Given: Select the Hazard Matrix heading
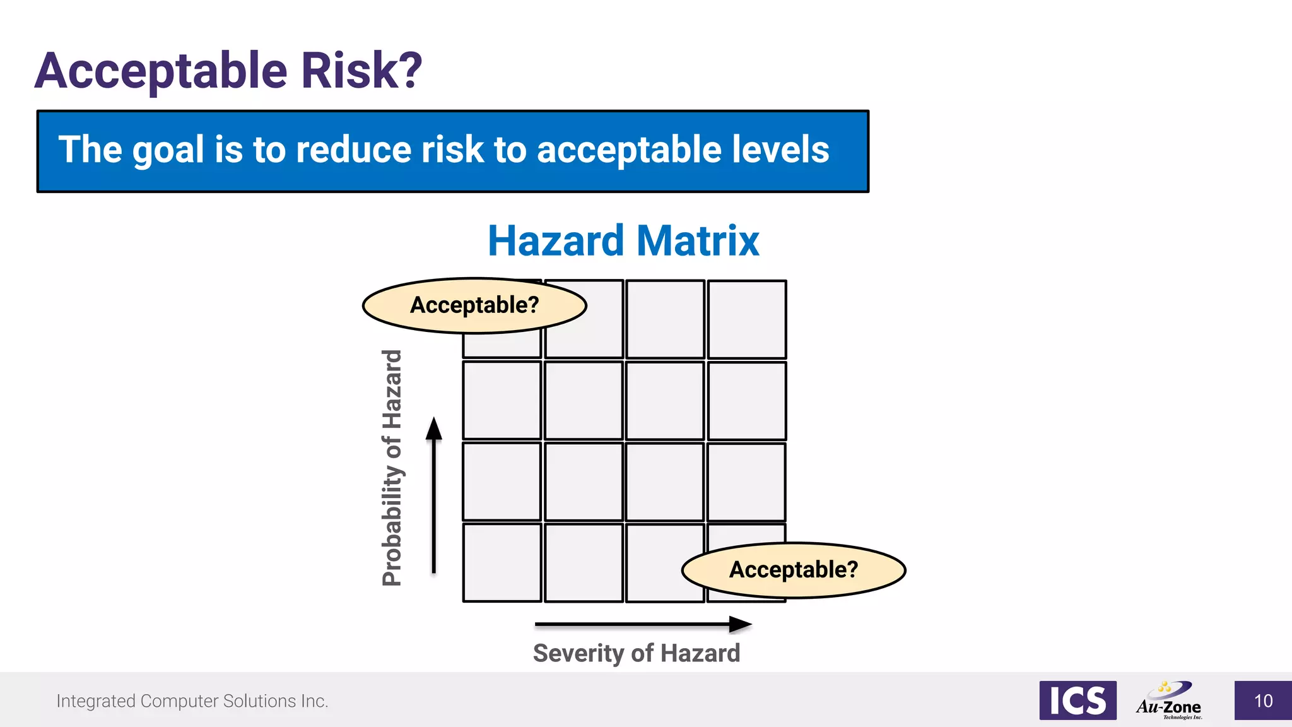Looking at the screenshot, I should coord(623,241).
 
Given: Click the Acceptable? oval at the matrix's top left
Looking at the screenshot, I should coord(474,305).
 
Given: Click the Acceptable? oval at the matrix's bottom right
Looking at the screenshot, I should coord(793,570).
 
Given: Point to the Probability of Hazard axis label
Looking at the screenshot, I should coord(392,468).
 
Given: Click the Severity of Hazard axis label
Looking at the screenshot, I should coord(636,653).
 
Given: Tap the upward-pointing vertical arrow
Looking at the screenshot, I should coord(433,495).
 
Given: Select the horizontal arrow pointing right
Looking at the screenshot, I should coord(642,624).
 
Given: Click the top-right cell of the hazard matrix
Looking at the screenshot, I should coord(747,319).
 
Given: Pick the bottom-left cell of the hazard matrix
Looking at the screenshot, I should coord(502,562).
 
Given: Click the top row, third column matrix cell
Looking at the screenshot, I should coord(665,319).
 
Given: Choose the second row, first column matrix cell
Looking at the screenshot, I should coord(502,400).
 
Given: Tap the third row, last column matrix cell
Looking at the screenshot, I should coord(747,482).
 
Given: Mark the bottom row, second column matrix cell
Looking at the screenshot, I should coord(584,562).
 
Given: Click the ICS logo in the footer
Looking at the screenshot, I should coord(1078,700).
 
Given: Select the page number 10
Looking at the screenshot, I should coord(1263,700).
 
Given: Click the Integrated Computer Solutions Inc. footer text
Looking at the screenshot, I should coord(192,701).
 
